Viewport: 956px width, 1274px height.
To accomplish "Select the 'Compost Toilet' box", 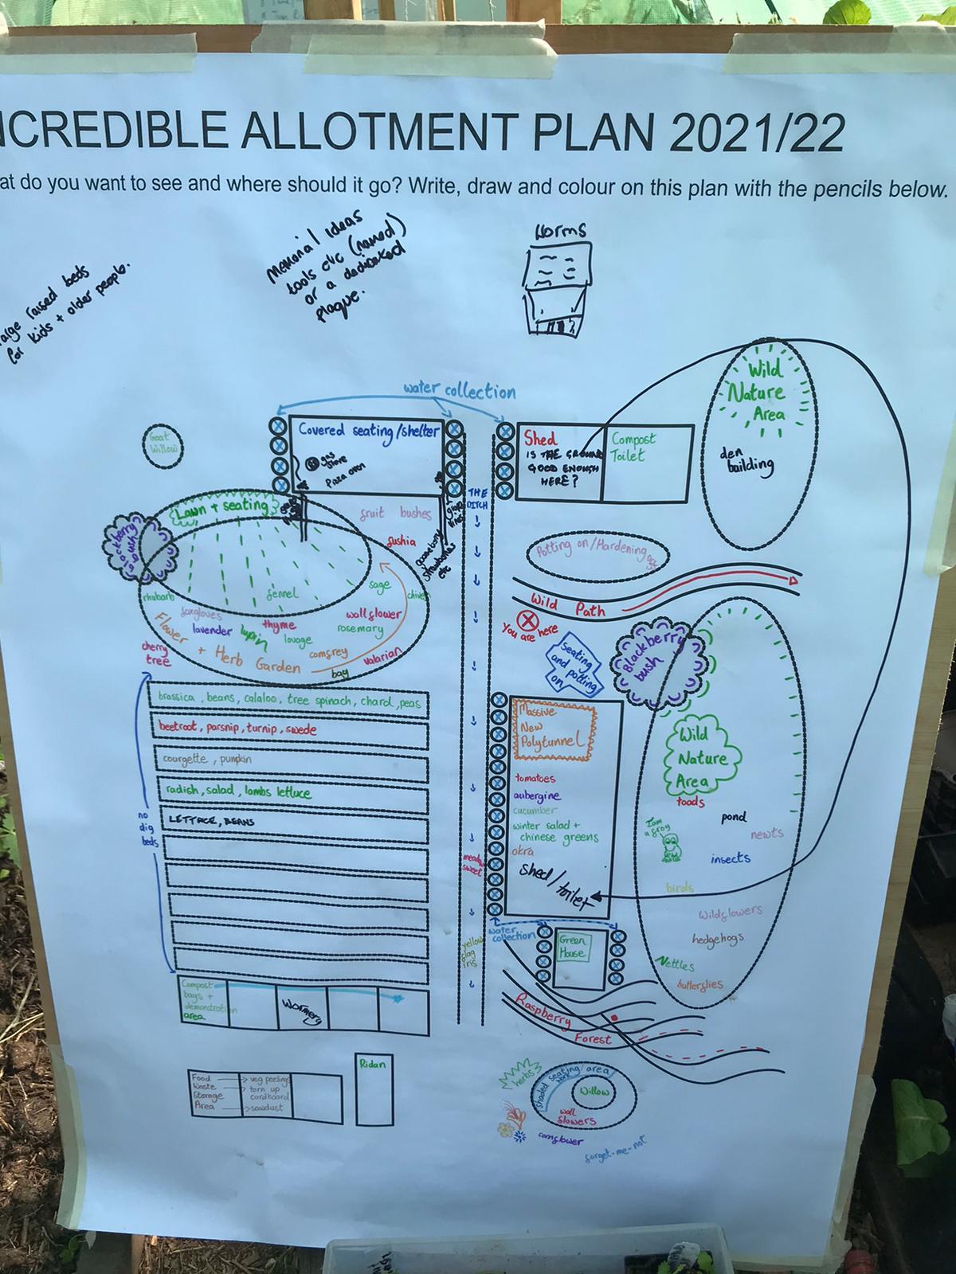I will (646, 463).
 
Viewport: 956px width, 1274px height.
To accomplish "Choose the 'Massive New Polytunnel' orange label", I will (553, 726).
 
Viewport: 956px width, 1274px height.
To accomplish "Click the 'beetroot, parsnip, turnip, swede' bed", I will (288, 730).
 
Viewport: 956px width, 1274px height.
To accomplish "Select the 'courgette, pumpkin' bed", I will (288, 760).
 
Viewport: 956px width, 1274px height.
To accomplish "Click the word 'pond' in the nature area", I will (733, 818).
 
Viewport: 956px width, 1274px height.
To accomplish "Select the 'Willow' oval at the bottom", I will (594, 1091).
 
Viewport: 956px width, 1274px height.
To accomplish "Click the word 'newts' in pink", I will (767, 834).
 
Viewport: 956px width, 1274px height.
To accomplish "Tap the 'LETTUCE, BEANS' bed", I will (288, 819).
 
